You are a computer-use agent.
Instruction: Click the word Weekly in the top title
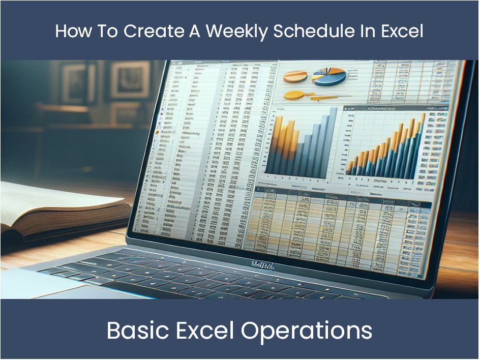click(237, 31)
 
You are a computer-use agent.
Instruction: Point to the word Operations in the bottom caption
click(307, 331)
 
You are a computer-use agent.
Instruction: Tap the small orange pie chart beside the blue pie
click(295, 76)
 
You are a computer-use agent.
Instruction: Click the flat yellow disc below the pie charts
click(296, 95)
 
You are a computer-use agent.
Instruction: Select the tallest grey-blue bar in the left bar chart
click(333, 140)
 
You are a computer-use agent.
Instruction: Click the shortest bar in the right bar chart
click(350, 168)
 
